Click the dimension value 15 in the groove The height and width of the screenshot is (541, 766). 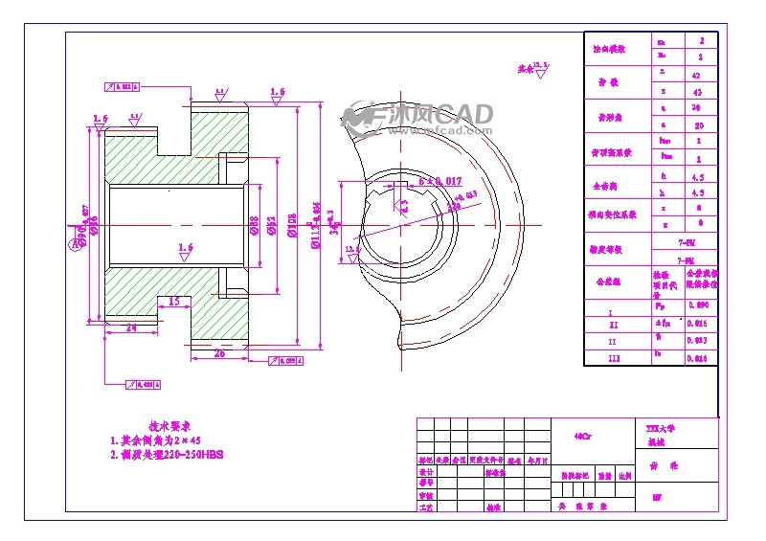tap(173, 301)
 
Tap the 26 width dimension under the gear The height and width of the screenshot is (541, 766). tap(219, 353)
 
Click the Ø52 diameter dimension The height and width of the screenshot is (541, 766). tap(272, 227)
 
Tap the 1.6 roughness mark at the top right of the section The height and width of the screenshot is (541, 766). tap(278, 93)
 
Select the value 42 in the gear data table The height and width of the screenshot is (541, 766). tap(697, 73)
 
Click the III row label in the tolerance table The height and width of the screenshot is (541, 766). tap(614, 358)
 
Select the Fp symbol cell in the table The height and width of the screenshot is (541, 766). tap(661, 306)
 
